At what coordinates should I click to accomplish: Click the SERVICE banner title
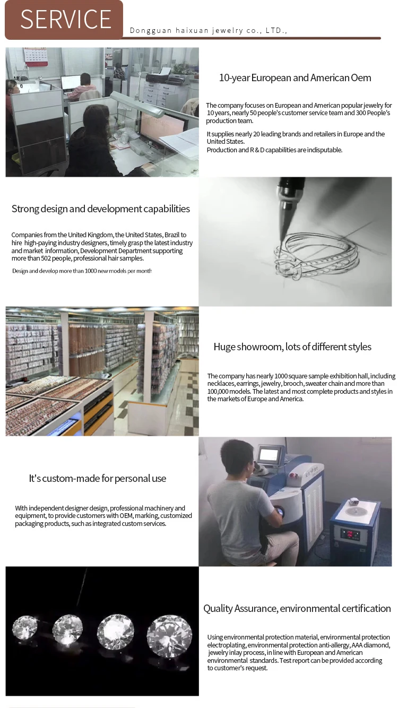tap(66, 19)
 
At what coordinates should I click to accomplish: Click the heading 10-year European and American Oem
tap(295, 78)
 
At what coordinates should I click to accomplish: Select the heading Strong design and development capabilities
tap(101, 209)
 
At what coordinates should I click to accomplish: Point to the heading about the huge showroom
tap(292, 347)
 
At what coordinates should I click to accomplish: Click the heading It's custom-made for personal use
tap(97, 478)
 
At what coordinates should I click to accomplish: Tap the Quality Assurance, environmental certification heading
tap(297, 608)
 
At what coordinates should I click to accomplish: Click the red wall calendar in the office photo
tap(36, 57)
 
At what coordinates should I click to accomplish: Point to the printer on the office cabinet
tap(158, 75)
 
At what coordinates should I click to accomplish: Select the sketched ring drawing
tap(316, 256)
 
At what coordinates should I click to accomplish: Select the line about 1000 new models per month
tap(82, 271)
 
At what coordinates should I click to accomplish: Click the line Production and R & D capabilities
tap(274, 150)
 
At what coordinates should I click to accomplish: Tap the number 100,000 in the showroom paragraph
tap(218, 391)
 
